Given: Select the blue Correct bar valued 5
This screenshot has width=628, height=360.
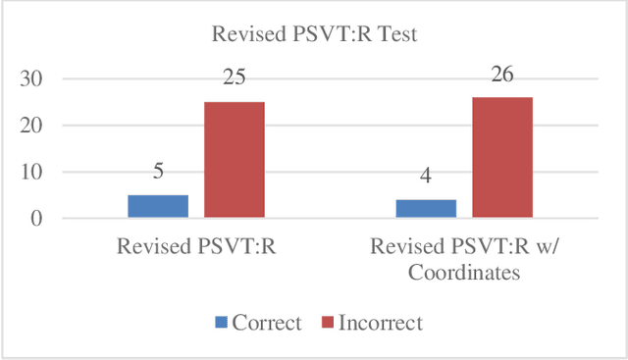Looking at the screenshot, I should [158, 206].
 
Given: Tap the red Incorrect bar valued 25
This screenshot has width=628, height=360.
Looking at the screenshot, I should [234, 159].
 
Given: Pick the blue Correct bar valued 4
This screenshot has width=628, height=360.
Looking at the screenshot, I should [427, 209].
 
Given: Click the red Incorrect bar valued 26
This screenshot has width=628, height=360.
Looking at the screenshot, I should [502, 157].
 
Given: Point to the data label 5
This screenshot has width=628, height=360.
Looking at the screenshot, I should [158, 173].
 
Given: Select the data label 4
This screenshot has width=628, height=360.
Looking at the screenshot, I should [427, 178].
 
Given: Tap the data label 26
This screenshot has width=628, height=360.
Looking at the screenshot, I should [502, 75].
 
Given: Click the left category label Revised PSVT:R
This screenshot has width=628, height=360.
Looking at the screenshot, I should [195, 247].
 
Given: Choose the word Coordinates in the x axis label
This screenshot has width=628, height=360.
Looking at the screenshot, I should [464, 274].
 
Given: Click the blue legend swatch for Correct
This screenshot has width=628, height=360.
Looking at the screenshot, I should [221, 323].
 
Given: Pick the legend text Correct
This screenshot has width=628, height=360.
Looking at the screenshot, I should [267, 323].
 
